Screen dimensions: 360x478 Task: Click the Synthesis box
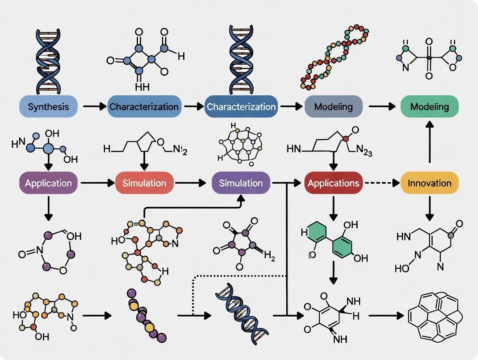pyautogui.click(x=48, y=106)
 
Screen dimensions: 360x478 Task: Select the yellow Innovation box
pyautogui.click(x=430, y=183)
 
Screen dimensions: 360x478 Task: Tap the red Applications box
pyautogui.click(x=333, y=183)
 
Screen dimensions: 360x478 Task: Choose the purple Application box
pyautogui.click(x=48, y=183)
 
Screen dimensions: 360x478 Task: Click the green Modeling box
pyautogui.click(x=430, y=106)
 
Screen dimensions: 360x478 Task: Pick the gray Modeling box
pyautogui.click(x=333, y=106)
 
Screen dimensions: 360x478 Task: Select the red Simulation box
pyautogui.click(x=144, y=183)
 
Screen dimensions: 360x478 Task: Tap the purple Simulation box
pyautogui.click(x=241, y=183)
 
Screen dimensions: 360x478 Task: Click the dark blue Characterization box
pyautogui.click(x=241, y=106)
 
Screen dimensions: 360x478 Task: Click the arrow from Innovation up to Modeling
pyautogui.click(x=430, y=143)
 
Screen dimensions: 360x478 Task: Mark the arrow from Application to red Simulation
pyautogui.click(x=96, y=183)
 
